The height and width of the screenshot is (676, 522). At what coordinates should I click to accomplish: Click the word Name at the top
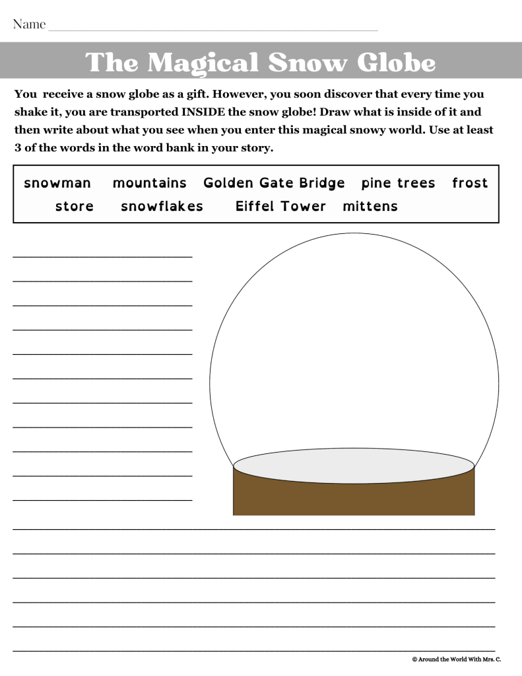(30, 25)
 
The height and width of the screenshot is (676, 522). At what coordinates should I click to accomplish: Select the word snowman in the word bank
(57, 183)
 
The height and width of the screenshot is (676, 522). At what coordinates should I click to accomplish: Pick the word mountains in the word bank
(150, 183)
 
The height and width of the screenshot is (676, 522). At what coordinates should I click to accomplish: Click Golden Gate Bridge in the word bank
(274, 183)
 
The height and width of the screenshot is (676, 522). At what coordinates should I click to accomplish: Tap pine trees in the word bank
(399, 183)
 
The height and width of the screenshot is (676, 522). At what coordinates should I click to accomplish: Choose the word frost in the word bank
(470, 183)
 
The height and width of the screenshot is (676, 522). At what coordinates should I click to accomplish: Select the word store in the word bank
(75, 206)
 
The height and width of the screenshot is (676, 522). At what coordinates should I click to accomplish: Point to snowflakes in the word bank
(162, 206)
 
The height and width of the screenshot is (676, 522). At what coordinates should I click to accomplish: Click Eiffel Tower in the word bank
(280, 206)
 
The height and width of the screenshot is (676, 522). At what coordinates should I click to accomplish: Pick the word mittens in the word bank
(370, 206)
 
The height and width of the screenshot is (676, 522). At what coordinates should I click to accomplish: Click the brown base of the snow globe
(354, 499)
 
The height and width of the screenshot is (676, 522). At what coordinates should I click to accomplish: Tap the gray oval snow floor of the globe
(354, 465)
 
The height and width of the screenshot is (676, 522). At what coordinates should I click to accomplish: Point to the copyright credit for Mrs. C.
(456, 659)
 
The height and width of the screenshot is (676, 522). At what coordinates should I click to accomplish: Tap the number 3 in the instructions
(18, 148)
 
